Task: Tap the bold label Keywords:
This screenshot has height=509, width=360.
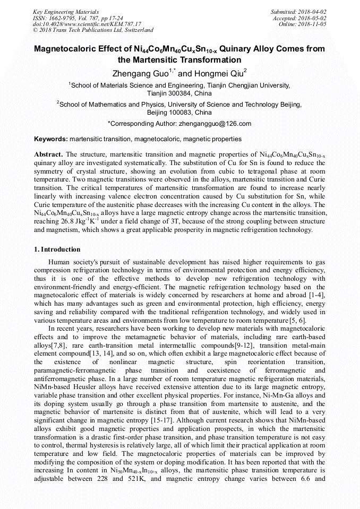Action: pos(51,139)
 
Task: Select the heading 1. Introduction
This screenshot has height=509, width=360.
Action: pos(57,249)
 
